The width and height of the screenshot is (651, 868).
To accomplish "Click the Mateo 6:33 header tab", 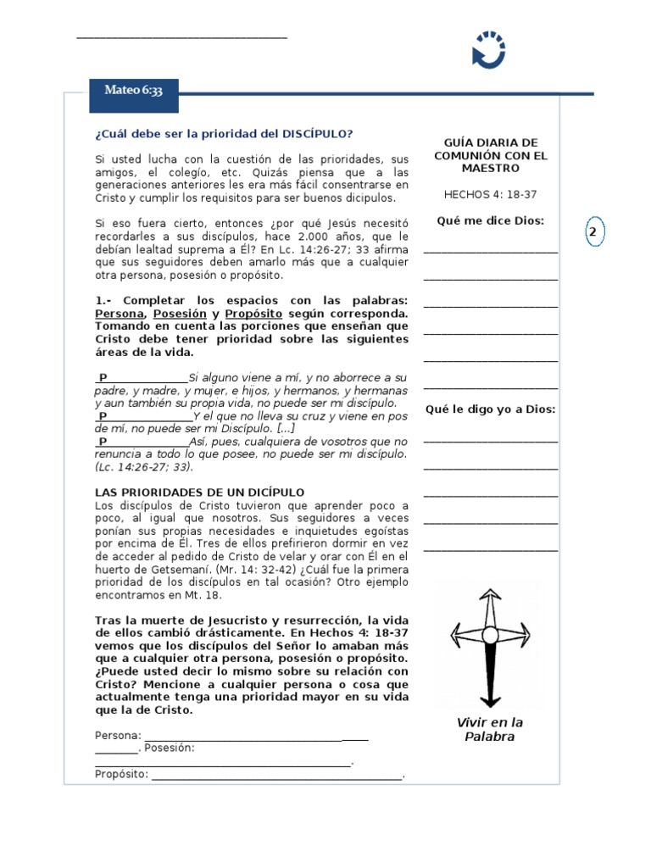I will click(133, 90).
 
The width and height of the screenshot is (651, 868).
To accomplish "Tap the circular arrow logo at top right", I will click(489, 49).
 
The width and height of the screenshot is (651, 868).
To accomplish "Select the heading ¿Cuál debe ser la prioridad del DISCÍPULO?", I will click(224, 134).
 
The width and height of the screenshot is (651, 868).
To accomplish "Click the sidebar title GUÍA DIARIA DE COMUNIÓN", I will click(491, 156).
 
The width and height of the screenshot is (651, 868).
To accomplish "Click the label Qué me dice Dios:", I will click(491, 220).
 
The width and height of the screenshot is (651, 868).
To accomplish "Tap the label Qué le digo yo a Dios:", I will click(491, 409).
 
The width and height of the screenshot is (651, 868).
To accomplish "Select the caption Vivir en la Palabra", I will click(490, 729).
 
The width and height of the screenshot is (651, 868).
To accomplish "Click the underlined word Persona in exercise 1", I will click(120, 314).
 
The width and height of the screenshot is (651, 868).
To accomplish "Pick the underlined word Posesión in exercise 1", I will click(180, 314).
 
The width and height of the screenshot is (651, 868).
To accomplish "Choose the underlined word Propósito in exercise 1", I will click(254, 314).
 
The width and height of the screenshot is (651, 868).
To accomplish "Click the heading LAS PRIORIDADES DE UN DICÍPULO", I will click(199, 492).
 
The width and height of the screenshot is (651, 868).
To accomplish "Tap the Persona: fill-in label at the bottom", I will click(118, 735).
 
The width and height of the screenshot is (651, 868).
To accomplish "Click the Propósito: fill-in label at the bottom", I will click(121, 774).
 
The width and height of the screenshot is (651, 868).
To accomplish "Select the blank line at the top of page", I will click(181, 37).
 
